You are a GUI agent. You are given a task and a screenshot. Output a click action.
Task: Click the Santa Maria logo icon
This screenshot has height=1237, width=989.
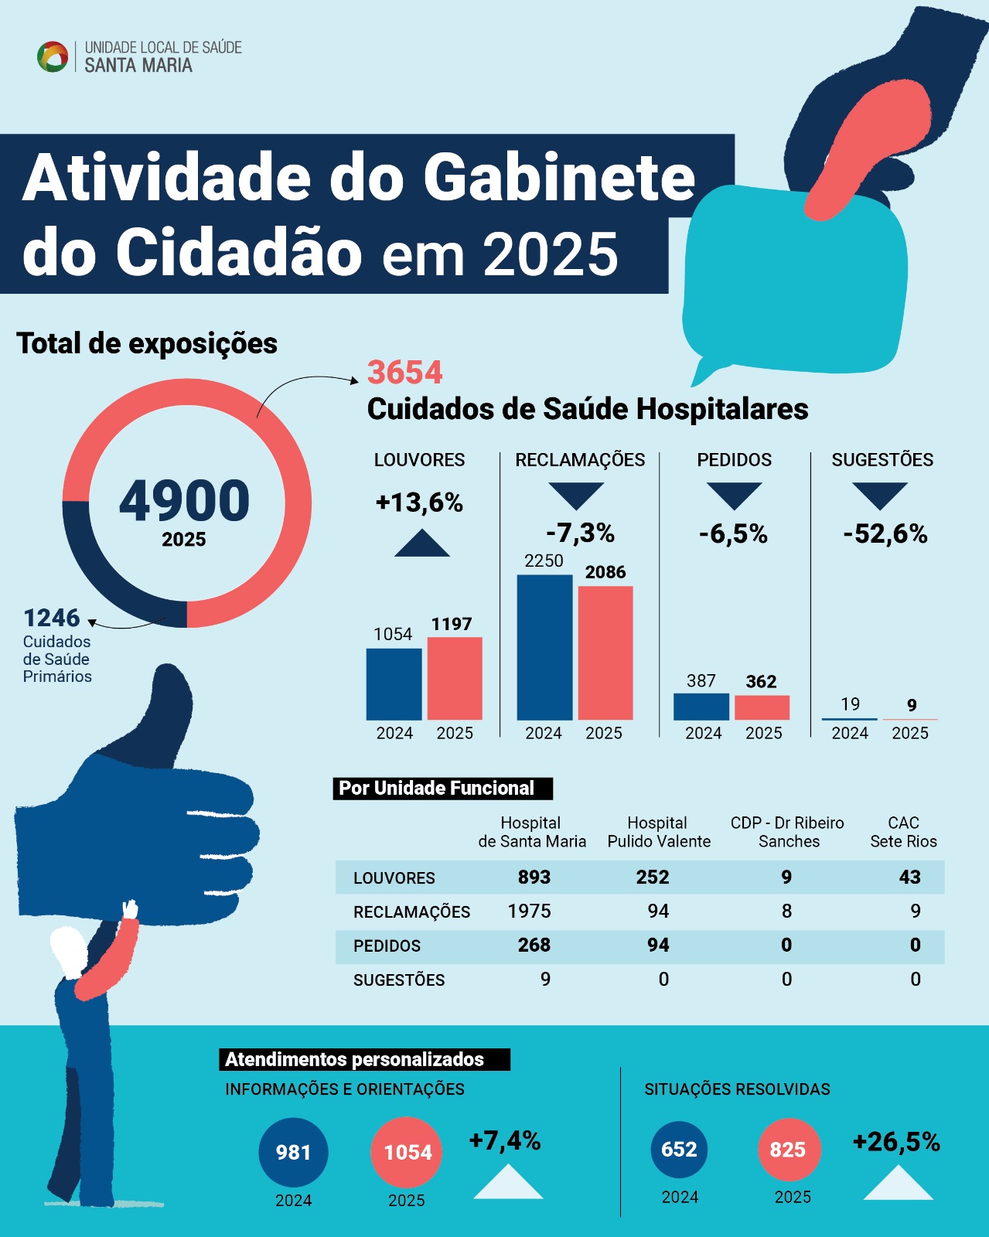click(53, 57)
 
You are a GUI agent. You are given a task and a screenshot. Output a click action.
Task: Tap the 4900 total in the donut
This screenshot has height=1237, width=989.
click(184, 501)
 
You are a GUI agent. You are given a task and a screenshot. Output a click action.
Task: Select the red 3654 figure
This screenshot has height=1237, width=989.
click(404, 373)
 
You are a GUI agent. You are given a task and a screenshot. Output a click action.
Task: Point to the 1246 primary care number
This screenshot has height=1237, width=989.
click(52, 618)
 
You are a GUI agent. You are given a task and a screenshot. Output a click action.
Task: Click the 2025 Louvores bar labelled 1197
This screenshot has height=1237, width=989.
click(455, 678)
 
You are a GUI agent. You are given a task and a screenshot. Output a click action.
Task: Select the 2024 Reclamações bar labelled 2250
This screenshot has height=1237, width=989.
click(544, 647)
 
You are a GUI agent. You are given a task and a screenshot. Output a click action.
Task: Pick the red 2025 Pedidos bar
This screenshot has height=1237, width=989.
click(762, 707)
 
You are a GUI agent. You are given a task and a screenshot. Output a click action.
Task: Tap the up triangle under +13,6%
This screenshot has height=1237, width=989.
click(421, 544)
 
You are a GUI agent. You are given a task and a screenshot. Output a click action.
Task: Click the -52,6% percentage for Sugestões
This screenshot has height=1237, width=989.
click(885, 533)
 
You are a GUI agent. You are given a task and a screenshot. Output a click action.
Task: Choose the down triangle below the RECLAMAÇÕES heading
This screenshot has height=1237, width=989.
click(576, 495)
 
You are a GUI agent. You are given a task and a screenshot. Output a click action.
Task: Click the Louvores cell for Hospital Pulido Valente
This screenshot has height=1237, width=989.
click(653, 877)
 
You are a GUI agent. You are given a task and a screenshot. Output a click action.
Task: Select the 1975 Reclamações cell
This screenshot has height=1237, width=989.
click(529, 912)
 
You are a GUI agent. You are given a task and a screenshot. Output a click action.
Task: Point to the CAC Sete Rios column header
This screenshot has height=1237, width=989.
click(903, 832)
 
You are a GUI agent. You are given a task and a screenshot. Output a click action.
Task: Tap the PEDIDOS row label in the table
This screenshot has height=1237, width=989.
click(387, 946)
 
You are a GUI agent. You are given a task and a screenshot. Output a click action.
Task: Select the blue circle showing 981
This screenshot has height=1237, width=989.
click(293, 1152)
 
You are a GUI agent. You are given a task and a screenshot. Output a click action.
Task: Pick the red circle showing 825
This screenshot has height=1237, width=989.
click(788, 1150)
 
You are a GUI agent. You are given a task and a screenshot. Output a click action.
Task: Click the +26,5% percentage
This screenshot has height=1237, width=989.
click(896, 1142)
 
